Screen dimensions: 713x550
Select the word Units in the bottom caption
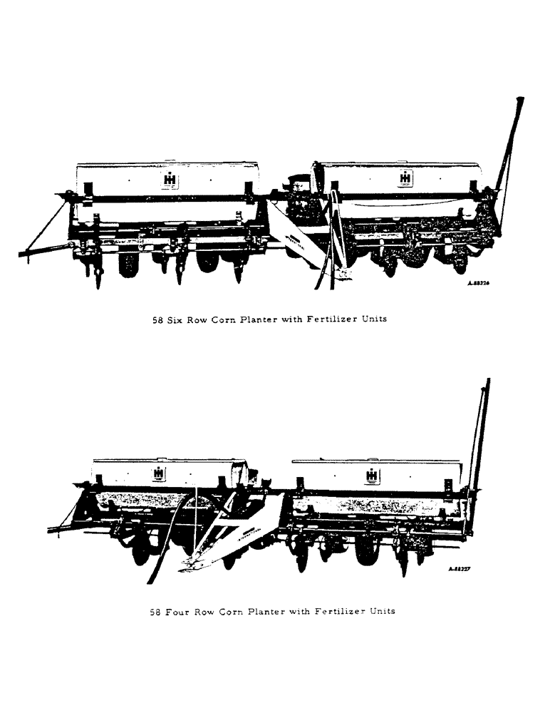click(380, 611)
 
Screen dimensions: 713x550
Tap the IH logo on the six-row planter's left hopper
click(170, 179)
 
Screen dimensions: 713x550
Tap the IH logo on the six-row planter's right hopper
click(405, 178)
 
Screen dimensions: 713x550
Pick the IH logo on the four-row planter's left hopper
click(159, 473)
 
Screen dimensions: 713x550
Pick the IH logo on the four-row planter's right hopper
click(372, 476)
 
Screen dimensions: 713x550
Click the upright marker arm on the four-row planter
click(480, 435)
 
